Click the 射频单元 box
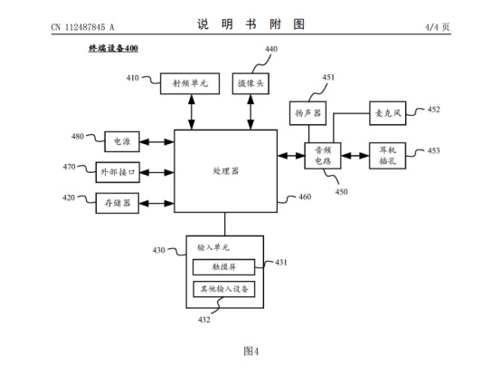190,83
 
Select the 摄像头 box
250,83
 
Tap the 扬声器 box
307,113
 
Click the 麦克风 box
388,113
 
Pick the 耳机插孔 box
388,156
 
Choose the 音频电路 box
323,156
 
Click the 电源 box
122,141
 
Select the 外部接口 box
118,172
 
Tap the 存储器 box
118,203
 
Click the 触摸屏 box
223,267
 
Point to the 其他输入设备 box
223,289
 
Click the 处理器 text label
225,171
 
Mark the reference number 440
271,49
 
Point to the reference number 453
433,150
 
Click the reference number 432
203,320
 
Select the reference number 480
78,136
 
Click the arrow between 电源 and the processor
156,141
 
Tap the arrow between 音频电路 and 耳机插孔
355,156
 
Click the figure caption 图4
250,351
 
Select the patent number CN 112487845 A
82,27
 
